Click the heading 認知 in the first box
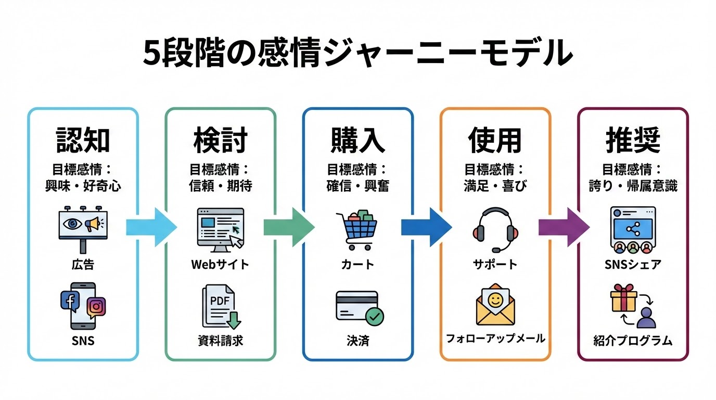click(83, 139)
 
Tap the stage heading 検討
click(220, 139)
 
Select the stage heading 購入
click(357, 139)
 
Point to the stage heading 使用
click(495, 139)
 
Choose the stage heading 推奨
click(633, 139)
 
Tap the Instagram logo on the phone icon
click(96, 307)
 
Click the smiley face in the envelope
click(495, 300)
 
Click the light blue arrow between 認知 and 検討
click(151, 228)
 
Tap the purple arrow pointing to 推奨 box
click(564, 228)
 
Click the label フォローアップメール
click(495, 339)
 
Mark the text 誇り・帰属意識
click(633, 186)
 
